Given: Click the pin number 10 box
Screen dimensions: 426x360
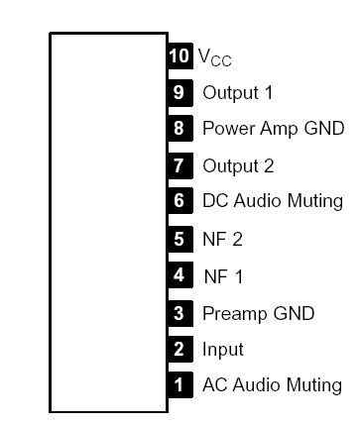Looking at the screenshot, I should pyautogui.click(x=179, y=55).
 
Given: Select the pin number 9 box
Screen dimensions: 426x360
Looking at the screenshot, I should pyautogui.click(x=179, y=92).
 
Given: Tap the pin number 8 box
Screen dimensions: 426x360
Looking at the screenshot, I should pyautogui.click(x=179, y=128).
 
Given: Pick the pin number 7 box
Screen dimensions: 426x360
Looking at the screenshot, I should pyautogui.click(x=179, y=164).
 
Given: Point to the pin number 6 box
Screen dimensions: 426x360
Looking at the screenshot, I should pyautogui.click(x=179, y=201).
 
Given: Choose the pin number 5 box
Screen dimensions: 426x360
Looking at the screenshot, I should pyautogui.click(x=179, y=238).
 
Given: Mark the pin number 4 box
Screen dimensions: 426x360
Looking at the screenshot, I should pyautogui.click(x=179, y=274).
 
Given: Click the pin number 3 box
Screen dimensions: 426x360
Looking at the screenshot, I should pyautogui.click(x=179, y=312).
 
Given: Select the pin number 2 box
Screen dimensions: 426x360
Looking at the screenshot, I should pyautogui.click(x=179, y=349).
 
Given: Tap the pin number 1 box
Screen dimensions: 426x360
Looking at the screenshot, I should pyautogui.click(x=179, y=384).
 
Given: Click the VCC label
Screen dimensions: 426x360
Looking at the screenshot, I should pyautogui.click(x=214, y=58).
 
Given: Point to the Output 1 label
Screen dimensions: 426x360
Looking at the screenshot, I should pyautogui.click(x=238, y=93).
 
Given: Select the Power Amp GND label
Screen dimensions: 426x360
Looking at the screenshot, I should pyautogui.click(x=273, y=129).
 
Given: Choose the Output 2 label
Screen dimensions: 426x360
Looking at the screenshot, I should pyautogui.click(x=238, y=165).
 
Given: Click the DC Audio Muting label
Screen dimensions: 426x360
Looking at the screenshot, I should pyautogui.click(x=272, y=202).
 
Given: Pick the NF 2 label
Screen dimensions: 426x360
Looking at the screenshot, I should pyautogui.click(x=222, y=239).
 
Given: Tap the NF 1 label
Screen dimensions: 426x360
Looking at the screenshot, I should pyautogui.click(x=223, y=275).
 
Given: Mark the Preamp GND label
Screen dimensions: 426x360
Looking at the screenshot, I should pyautogui.click(x=258, y=313).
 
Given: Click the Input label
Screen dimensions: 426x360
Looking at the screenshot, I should pyautogui.click(x=222, y=350).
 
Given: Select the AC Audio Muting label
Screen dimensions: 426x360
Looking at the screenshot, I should pyautogui.click(x=272, y=385).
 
